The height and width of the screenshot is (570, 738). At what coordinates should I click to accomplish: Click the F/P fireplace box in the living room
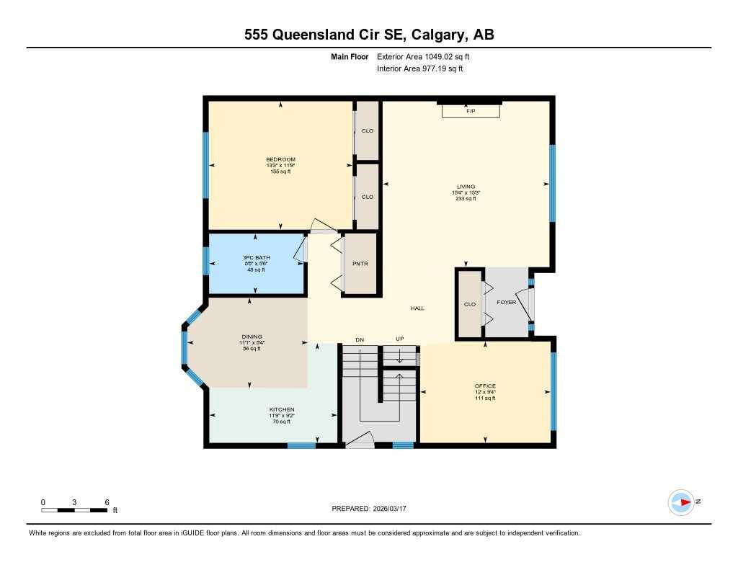coord(471,111)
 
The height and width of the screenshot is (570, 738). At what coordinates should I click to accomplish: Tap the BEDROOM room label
coord(280,160)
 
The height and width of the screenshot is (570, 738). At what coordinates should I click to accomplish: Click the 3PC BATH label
coord(255,258)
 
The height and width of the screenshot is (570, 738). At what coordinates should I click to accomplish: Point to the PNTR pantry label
coord(360,264)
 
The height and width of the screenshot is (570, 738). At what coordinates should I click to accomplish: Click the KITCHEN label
coord(282,410)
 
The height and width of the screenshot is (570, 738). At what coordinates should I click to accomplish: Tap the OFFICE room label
coord(485,386)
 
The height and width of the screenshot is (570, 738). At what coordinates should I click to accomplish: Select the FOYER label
coord(507,303)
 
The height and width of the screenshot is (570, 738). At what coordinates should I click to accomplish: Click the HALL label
coord(417,308)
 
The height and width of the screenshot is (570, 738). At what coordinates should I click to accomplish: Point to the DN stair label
coord(360,339)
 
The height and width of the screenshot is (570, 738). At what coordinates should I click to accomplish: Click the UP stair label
coord(399,339)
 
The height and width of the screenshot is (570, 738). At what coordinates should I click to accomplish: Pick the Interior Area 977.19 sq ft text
coord(419,69)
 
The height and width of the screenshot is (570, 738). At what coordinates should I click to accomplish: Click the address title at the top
coord(368,35)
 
